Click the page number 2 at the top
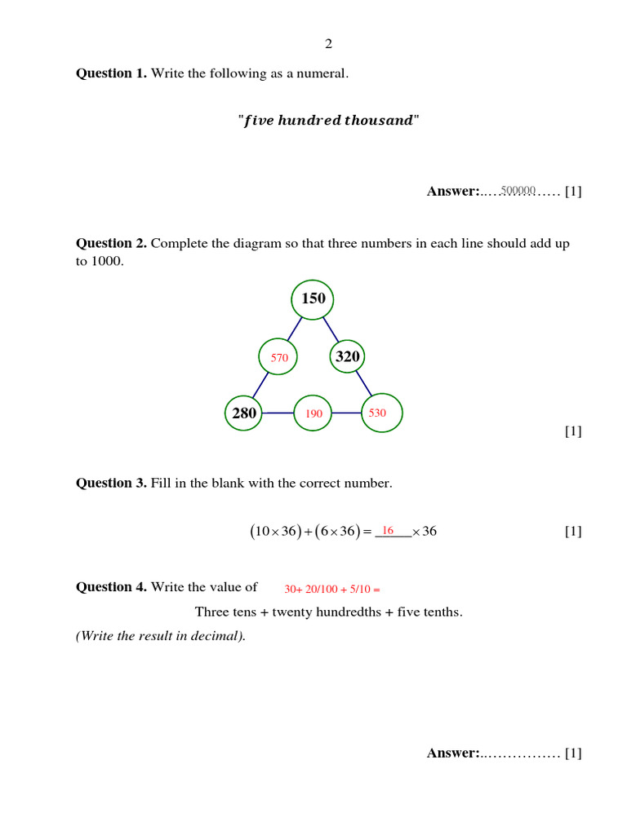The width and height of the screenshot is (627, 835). click(x=329, y=44)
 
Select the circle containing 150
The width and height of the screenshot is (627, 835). click(x=313, y=299)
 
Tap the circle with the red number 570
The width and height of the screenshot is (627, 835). click(x=279, y=357)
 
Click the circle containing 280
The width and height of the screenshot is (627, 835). click(x=244, y=413)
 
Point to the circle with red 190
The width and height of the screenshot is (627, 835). click(x=313, y=413)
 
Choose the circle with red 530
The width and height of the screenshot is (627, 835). click(x=377, y=413)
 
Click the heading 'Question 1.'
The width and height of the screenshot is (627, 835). click(x=111, y=73)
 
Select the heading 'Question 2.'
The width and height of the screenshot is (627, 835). click(x=111, y=243)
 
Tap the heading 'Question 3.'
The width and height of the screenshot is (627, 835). click(x=111, y=483)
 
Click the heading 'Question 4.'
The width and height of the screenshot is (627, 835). click(x=111, y=586)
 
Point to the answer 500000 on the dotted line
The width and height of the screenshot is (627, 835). click(x=518, y=191)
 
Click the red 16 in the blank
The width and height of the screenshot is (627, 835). click(x=389, y=530)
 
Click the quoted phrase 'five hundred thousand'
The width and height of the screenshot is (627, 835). click(x=328, y=121)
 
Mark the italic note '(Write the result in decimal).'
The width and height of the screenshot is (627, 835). click(x=161, y=636)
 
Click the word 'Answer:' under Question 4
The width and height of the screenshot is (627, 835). click(x=453, y=753)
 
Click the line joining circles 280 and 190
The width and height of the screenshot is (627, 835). click(x=278, y=413)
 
